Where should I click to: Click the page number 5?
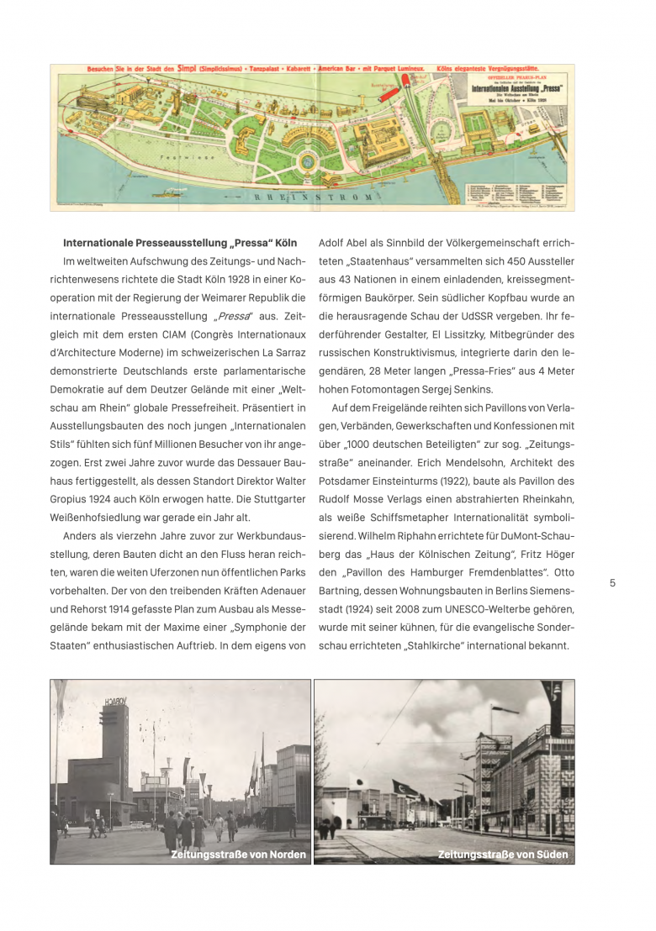pos(612,583)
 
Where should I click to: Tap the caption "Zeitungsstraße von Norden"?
pos(239,855)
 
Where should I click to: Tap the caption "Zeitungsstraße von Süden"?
pos(503,855)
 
